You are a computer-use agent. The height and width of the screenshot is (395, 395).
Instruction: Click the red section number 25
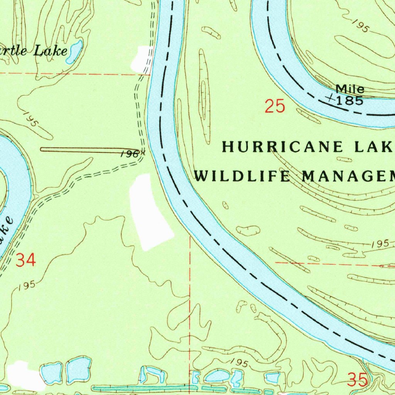click(x=275, y=106)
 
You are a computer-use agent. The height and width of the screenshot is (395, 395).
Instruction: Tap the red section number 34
click(x=26, y=260)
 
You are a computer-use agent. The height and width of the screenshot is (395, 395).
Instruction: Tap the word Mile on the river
click(x=349, y=89)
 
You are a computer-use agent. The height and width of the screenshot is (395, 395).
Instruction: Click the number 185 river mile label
click(x=349, y=101)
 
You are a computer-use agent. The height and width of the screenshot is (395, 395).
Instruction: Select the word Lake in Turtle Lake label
click(x=50, y=51)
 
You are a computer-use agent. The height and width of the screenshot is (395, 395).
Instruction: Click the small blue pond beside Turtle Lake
click(x=74, y=52)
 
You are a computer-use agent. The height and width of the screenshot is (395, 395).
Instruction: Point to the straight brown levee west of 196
click(x=77, y=149)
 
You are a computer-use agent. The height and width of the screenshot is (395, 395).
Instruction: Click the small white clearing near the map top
click(x=142, y=59)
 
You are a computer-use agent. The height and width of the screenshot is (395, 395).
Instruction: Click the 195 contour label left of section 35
click(x=237, y=363)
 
